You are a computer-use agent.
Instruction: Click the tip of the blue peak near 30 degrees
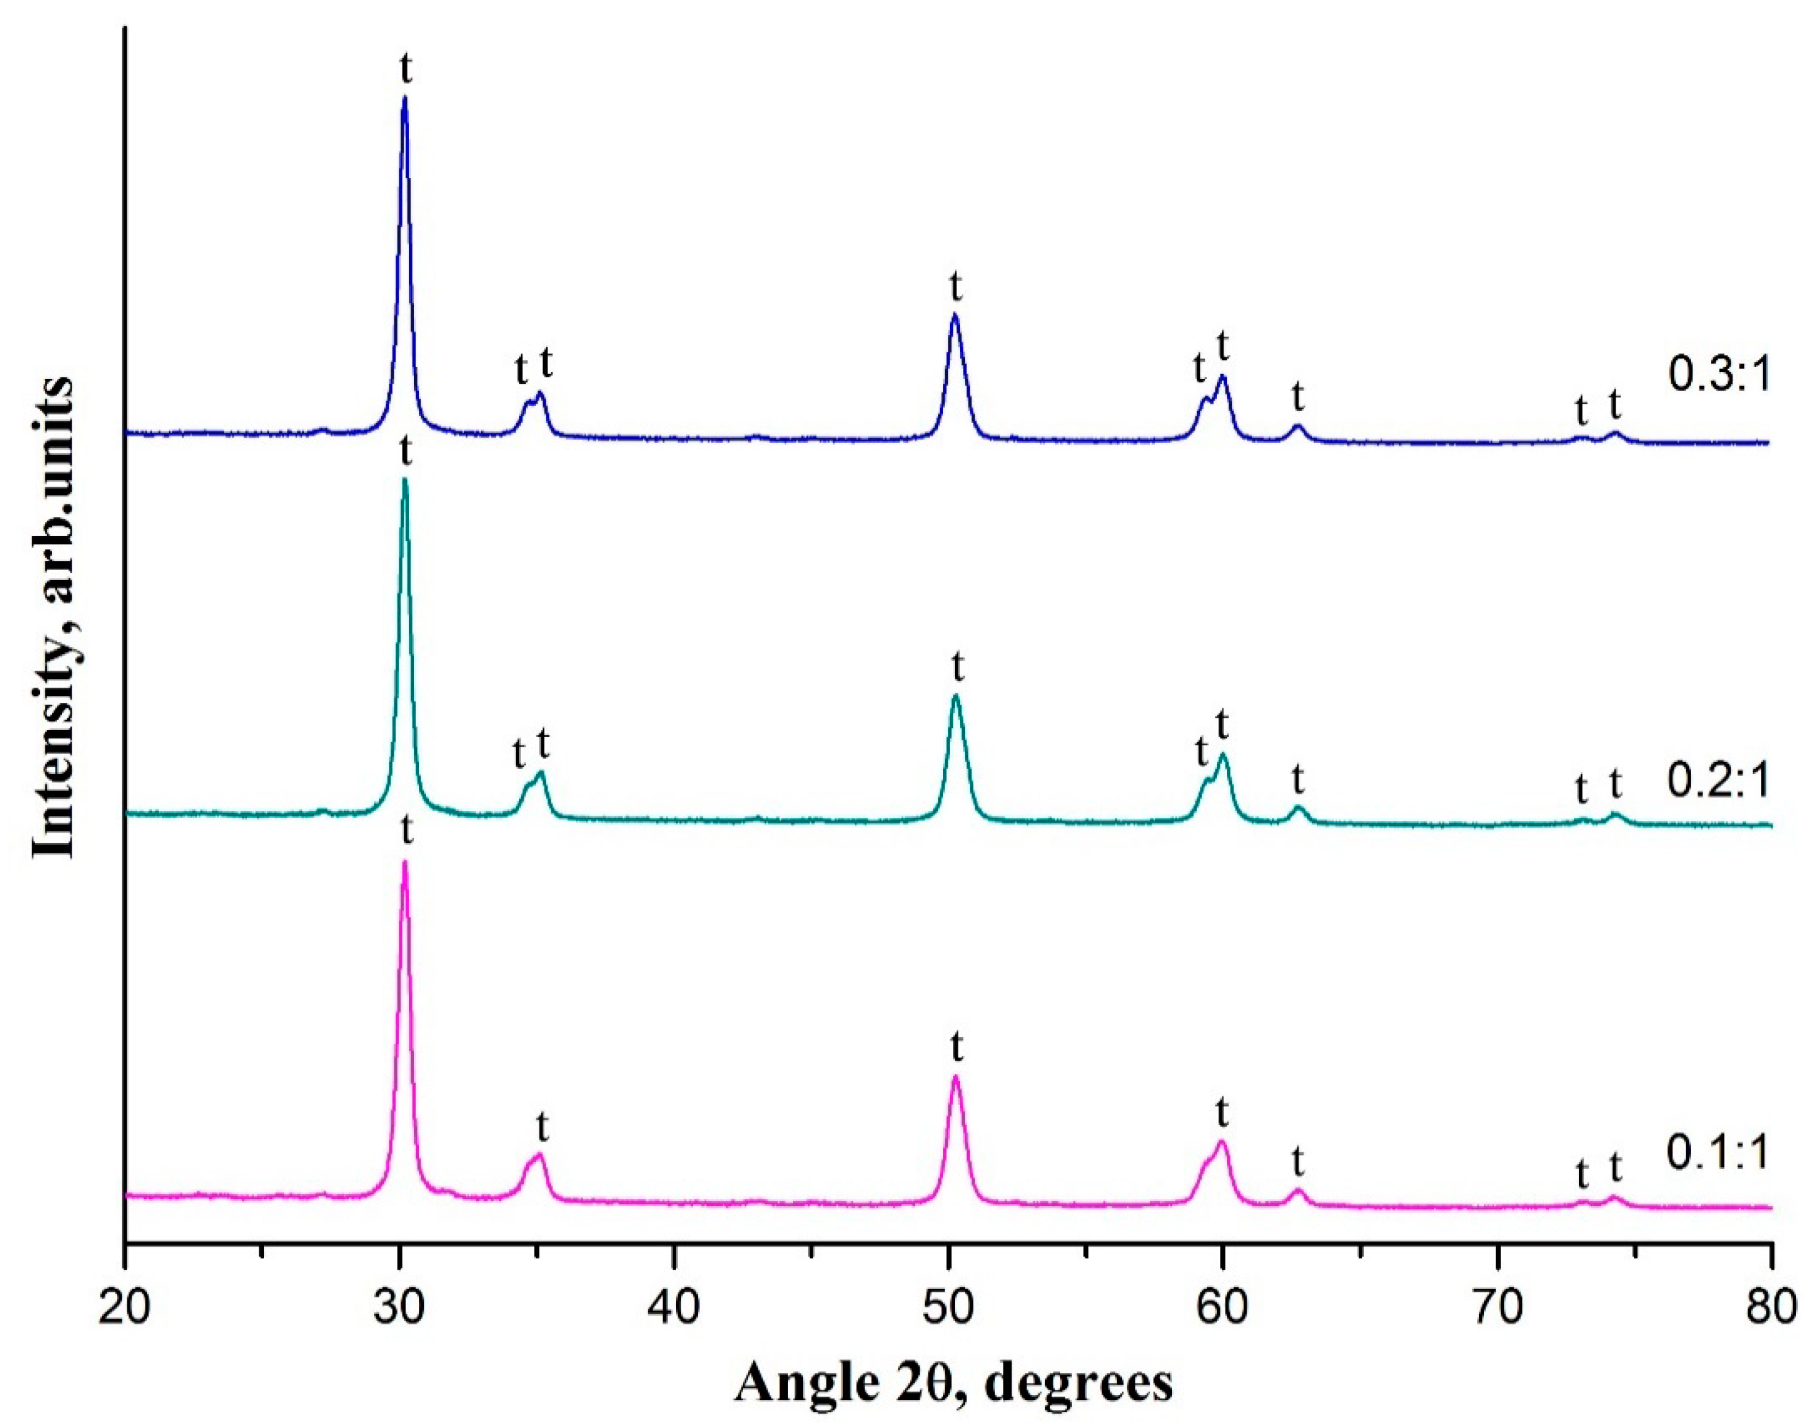(x=405, y=98)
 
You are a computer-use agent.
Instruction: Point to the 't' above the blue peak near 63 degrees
(x=1297, y=397)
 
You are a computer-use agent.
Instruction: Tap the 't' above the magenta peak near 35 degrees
(x=543, y=1127)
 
